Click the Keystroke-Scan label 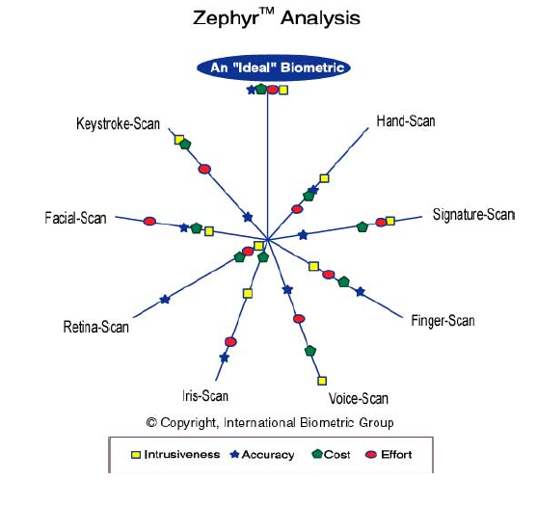pyautogui.click(x=119, y=123)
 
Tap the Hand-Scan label pyautogui.click(x=406, y=121)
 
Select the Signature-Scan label pyautogui.click(x=473, y=215)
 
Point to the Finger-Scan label pyautogui.click(x=443, y=321)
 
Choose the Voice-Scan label pyautogui.click(x=359, y=398)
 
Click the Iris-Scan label pyautogui.click(x=205, y=396)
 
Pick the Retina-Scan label pyautogui.click(x=96, y=327)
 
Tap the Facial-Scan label pyautogui.click(x=76, y=218)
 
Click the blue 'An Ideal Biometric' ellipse pyautogui.click(x=274, y=67)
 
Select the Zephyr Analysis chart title pyautogui.click(x=277, y=17)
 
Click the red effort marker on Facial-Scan pyautogui.click(x=149, y=221)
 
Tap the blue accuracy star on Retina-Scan pyautogui.click(x=165, y=299)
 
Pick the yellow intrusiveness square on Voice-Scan pyautogui.click(x=322, y=381)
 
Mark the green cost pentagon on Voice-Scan pyautogui.click(x=310, y=351)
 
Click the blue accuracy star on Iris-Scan pyautogui.click(x=225, y=358)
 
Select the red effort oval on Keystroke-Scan pyautogui.click(x=204, y=169)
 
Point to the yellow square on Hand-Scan pyautogui.click(x=324, y=178)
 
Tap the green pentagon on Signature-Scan pyautogui.click(x=362, y=226)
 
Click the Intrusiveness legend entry pyautogui.click(x=175, y=455)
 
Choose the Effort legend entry pyautogui.click(x=389, y=455)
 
